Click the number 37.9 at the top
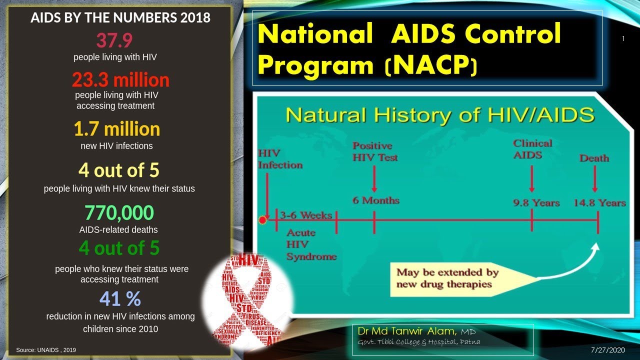(x=114, y=40)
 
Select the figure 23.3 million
(x=120, y=80)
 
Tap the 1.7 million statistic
(x=117, y=129)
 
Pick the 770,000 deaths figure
(x=119, y=213)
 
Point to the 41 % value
(x=120, y=298)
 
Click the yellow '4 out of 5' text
(x=119, y=170)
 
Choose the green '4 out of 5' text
(x=119, y=248)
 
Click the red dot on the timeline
(x=262, y=219)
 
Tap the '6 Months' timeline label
(x=376, y=200)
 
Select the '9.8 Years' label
(x=536, y=203)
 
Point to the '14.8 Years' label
(x=599, y=203)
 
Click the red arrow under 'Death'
(x=594, y=178)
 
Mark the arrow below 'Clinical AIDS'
(x=532, y=178)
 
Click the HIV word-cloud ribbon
(x=246, y=300)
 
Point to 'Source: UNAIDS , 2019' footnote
(x=46, y=350)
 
